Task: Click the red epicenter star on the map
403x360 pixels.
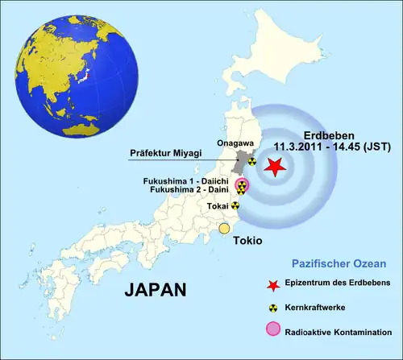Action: [274, 167]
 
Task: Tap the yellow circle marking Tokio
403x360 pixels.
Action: [225, 230]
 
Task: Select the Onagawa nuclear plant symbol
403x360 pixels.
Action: [251, 161]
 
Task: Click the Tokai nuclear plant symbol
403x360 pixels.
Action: [235, 205]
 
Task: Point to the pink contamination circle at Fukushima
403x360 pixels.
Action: [242, 187]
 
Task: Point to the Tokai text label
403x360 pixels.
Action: [216, 205]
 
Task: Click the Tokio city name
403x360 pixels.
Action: [247, 241]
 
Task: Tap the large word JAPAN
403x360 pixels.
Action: [156, 290]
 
